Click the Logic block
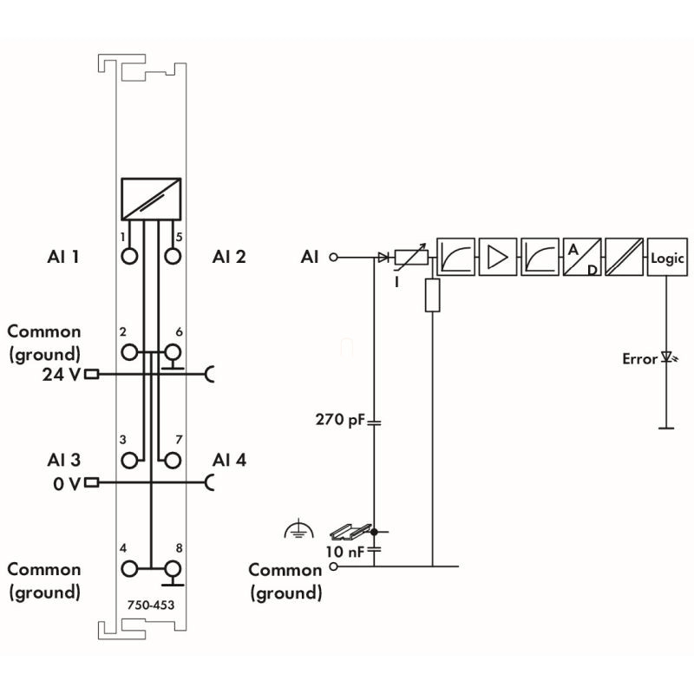point(666,258)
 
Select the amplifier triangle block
point(497,258)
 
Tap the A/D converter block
point(582,258)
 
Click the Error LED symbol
point(667,357)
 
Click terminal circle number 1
point(130,257)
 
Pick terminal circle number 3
point(130,460)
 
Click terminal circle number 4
point(130,568)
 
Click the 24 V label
point(62,376)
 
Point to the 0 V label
point(66,483)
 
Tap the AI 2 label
point(229,257)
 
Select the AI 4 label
point(229,460)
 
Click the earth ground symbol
point(298,529)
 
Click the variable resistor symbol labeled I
point(410,258)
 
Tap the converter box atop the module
point(151,199)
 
